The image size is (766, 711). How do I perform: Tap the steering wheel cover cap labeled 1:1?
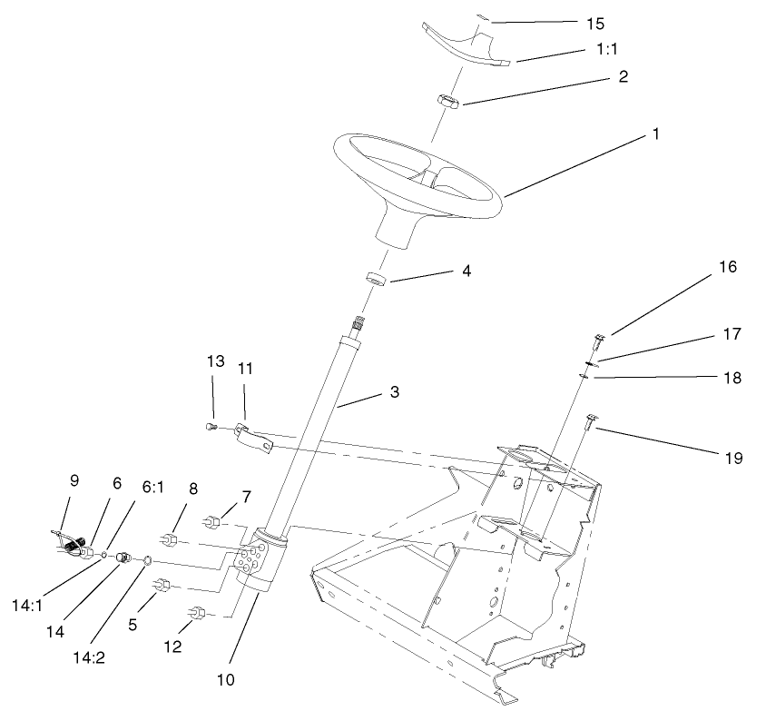coord(466,46)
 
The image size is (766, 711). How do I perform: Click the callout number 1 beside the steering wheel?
coord(653,133)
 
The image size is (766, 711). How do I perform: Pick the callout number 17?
coord(732,333)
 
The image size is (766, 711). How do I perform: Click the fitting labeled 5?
coord(163,584)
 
